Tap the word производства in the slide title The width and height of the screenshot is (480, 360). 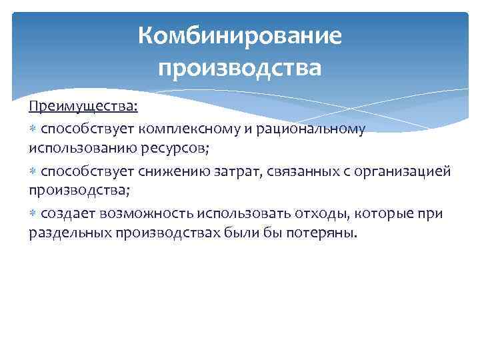pos(240,67)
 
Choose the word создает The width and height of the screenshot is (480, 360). pos(69,213)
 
